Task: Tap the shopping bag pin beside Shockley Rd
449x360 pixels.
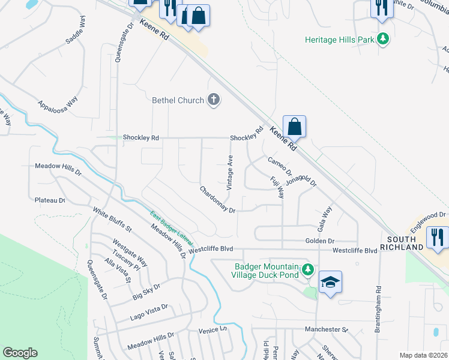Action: (x=294, y=127)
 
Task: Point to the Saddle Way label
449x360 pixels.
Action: (x=76, y=38)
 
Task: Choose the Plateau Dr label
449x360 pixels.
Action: (x=49, y=200)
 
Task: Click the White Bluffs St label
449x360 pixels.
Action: (x=112, y=220)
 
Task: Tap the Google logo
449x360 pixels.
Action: (x=20, y=353)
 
